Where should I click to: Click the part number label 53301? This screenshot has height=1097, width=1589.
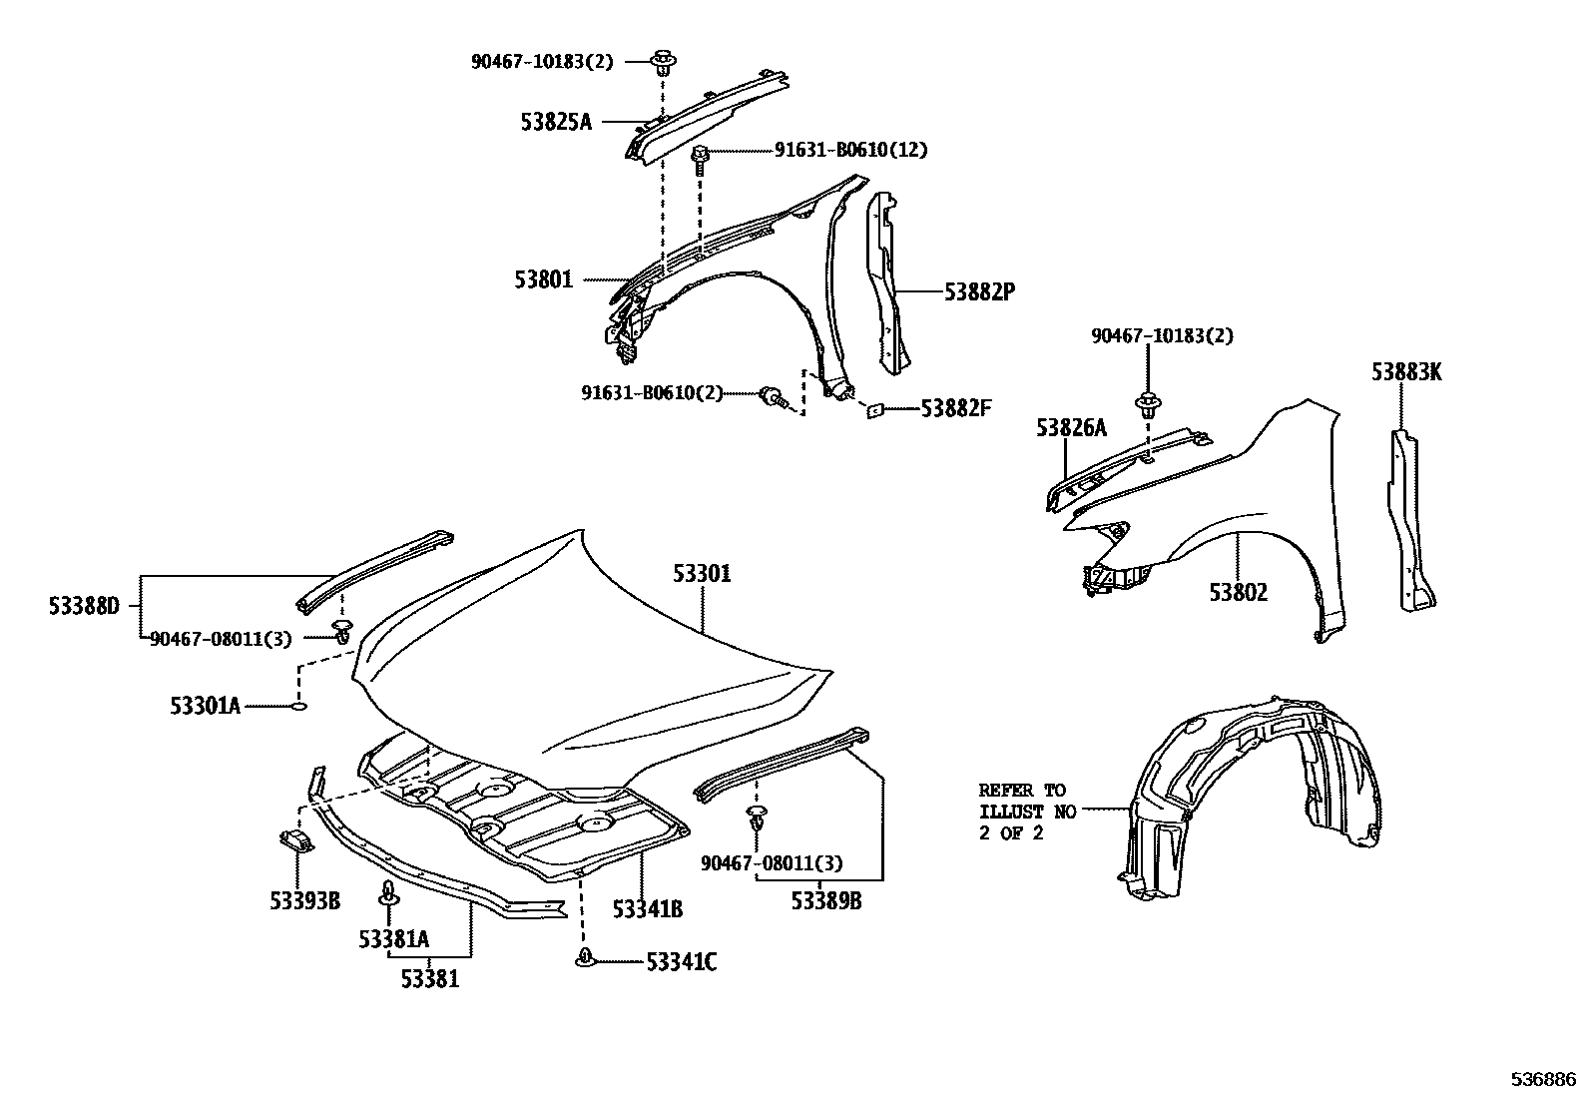pyautogui.click(x=701, y=574)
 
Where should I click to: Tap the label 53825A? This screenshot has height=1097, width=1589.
pyautogui.click(x=555, y=122)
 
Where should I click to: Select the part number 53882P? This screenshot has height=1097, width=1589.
pyautogui.click(x=979, y=291)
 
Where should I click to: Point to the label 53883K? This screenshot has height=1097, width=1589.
pyautogui.click(x=1405, y=372)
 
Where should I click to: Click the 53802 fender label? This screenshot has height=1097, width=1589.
pyautogui.click(x=1238, y=592)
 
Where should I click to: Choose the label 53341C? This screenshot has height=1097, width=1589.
pyautogui.click(x=681, y=962)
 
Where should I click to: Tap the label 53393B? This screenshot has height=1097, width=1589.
pyautogui.click(x=304, y=900)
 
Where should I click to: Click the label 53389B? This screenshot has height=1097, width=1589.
pyautogui.click(x=826, y=901)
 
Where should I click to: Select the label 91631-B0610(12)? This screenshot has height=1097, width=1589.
pyautogui.click(x=850, y=150)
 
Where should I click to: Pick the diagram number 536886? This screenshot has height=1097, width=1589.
pyautogui.click(x=1543, y=1079)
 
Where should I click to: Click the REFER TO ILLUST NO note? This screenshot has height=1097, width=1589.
pyautogui.click(x=1027, y=812)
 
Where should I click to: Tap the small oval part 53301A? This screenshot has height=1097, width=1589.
pyautogui.click(x=298, y=707)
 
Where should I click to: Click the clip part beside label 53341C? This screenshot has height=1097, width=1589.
pyautogui.click(x=585, y=959)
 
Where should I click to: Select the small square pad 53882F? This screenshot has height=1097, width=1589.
pyautogui.click(x=875, y=408)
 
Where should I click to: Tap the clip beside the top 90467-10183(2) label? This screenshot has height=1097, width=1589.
pyautogui.click(x=663, y=63)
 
